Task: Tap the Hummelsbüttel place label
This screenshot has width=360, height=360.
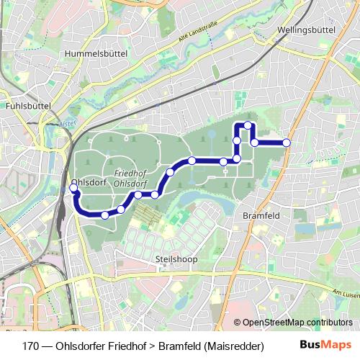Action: pos(95,53)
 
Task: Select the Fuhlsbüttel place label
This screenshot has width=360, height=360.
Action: pos(27,105)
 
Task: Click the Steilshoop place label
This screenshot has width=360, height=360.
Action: pos(171,257)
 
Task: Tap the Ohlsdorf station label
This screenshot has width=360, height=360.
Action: pos(89,183)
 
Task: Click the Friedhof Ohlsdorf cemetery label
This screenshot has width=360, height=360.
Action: pos(131,178)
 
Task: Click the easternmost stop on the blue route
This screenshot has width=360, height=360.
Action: pos(287,143)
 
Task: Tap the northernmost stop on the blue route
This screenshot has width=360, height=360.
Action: pos(248,125)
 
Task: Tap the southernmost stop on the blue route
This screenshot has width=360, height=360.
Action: pos(105,215)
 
